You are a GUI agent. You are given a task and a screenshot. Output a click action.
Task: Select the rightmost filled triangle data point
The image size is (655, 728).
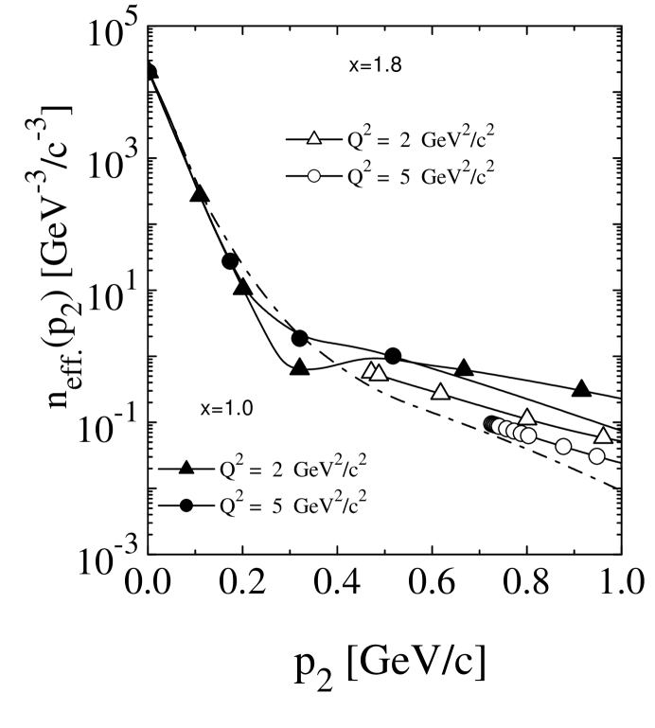(582, 389)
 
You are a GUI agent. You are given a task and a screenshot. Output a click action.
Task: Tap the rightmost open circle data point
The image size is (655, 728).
(596, 456)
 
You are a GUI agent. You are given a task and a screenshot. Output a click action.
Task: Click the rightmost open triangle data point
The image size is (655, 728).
(603, 435)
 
